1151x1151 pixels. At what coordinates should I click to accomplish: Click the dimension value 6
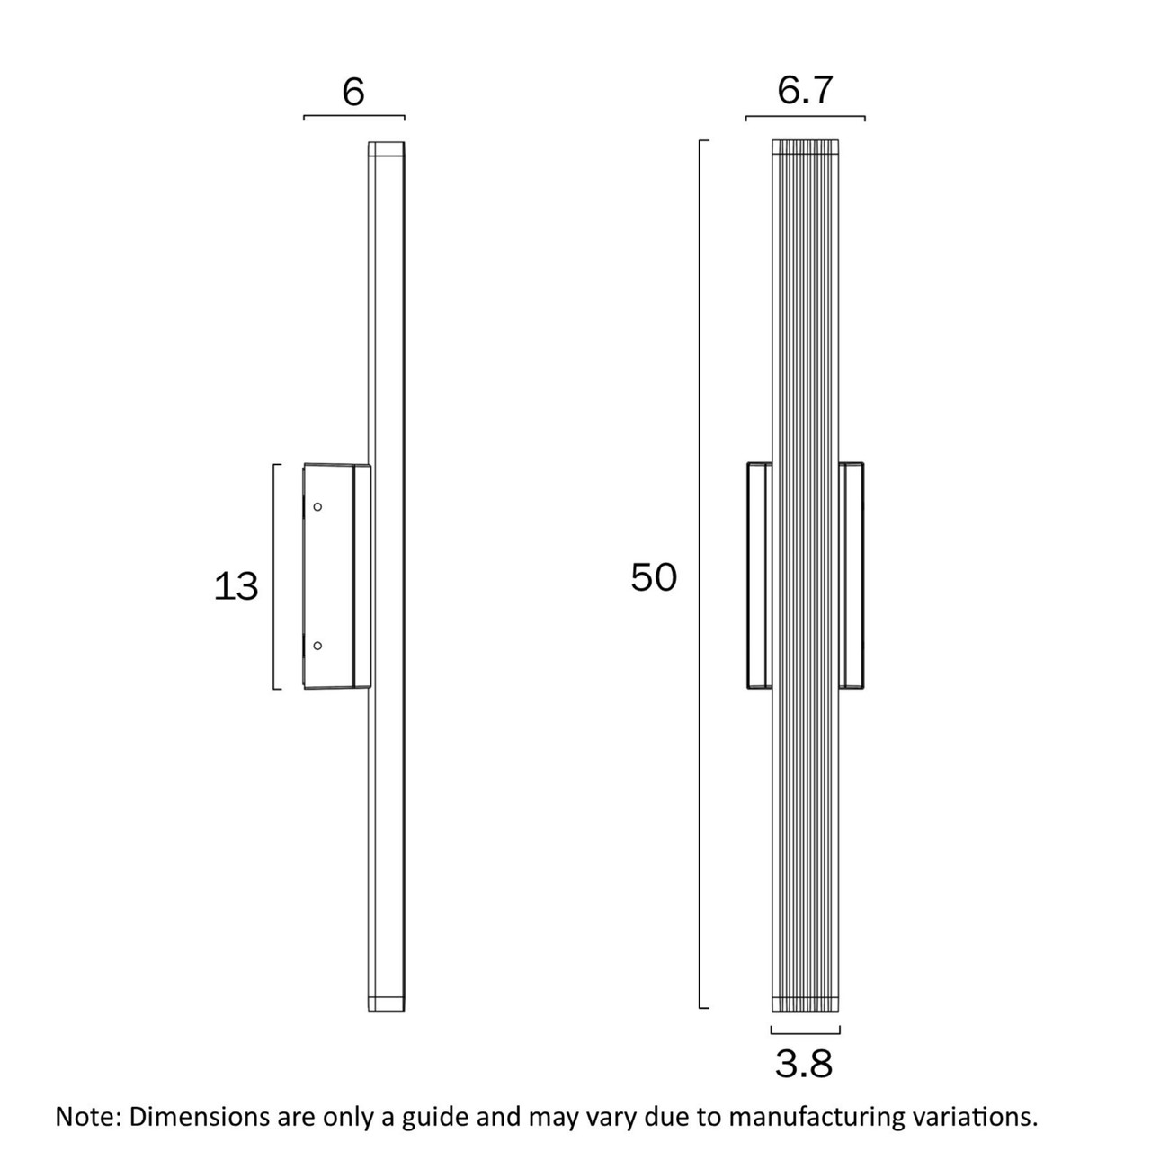click(x=353, y=93)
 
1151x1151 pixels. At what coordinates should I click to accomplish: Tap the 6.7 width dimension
click(x=805, y=90)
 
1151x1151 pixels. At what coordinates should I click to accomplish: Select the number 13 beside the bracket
click(x=236, y=586)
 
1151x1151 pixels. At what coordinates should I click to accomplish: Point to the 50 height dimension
click(x=654, y=577)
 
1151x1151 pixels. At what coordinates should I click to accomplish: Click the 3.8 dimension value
click(x=803, y=1064)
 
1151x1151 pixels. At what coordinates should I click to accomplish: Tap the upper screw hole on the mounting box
click(x=317, y=506)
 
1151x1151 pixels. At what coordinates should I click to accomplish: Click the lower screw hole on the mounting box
click(x=317, y=646)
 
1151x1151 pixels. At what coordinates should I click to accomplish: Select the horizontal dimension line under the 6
click(x=354, y=116)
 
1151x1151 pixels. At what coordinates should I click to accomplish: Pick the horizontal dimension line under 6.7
click(x=805, y=117)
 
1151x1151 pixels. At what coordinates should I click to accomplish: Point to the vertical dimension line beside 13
click(x=274, y=576)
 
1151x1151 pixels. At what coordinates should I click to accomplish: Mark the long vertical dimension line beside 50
click(x=700, y=574)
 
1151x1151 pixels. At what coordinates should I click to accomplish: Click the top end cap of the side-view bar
click(x=386, y=148)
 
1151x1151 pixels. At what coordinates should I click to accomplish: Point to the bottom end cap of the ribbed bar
click(x=805, y=1004)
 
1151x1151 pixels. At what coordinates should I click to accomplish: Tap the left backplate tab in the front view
click(x=759, y=575)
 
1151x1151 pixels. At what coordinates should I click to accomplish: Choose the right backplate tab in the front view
click(x=852, y=575)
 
